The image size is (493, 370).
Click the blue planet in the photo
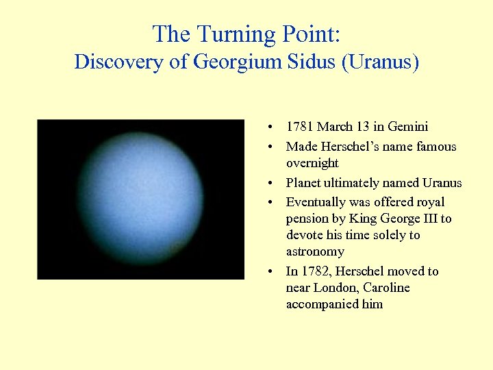click(x=140, y=199)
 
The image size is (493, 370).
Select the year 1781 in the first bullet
click(x=300, y=127)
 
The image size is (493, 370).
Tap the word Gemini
click(x=407, y=127)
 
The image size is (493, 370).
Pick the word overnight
click(x=312, y=163)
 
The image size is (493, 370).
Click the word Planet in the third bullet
click(x=303, y=183)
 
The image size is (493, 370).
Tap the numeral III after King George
click(x=427, y=219)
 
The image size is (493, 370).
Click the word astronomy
click(x=315, y=251)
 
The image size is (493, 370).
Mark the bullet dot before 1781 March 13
click(x=272, y=127)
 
